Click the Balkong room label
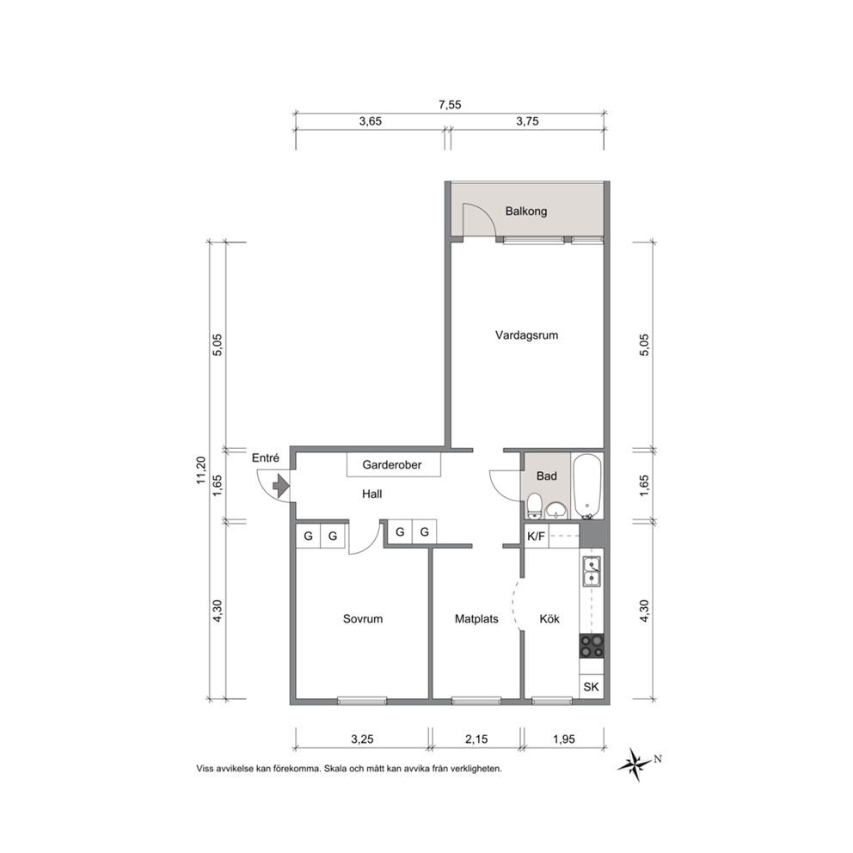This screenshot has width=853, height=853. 526,211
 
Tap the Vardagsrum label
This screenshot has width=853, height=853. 526,335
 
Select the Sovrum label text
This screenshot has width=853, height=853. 363,618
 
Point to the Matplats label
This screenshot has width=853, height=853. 476,618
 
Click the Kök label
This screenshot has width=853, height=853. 549,618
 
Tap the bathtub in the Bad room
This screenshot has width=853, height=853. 587,486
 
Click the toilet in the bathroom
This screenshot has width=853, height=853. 535,506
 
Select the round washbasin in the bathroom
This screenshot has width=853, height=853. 556,510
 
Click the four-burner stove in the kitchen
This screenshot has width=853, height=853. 592,647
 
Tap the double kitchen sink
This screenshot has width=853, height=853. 592,571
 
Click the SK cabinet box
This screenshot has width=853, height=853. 592,686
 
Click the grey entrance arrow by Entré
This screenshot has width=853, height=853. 281,485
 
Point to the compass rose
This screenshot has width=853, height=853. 635,764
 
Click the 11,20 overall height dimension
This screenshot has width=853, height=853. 201,470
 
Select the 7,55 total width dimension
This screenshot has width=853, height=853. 450,105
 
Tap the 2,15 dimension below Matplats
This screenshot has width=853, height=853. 476,739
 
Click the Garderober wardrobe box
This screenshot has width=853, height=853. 393,465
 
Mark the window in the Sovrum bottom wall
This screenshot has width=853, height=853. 362,701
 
